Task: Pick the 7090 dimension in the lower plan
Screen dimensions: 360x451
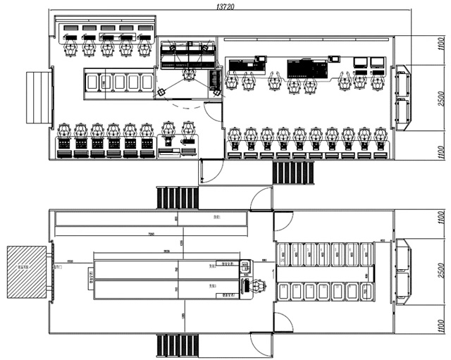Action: (x=152, y=233)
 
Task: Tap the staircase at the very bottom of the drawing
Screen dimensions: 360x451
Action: (x=176, y=345)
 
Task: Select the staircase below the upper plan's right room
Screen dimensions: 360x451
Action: (x=293, y=173)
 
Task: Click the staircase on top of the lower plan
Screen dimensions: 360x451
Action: (x=177, y=197)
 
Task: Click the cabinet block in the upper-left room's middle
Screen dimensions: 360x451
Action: (x=119, y=81)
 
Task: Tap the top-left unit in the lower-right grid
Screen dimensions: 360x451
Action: (x=283, y=254)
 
